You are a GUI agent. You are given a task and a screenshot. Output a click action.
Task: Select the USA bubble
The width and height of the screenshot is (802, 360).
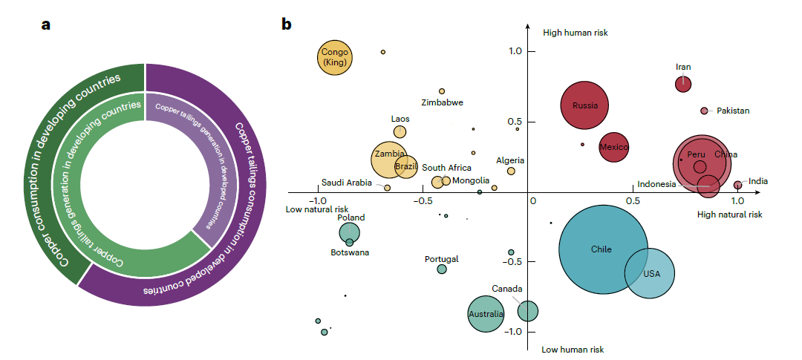click(x=650, y=273)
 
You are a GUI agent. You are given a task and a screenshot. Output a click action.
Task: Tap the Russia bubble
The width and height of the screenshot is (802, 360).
click(x=585, y=105)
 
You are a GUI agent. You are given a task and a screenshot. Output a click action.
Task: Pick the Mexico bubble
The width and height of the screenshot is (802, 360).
click(x=614, y=147)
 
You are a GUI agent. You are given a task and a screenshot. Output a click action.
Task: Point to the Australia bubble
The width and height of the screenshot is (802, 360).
click(x=486, y=313)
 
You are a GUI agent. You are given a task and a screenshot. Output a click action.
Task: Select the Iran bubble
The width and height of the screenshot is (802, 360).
click(x=683, y=84)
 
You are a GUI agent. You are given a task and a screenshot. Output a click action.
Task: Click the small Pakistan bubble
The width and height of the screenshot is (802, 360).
click(x=704, y=111)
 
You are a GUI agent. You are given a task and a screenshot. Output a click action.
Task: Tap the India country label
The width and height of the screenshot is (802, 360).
click(x=758, y=181)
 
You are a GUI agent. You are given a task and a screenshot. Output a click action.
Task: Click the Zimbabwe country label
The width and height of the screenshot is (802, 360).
click(x=442, y=102)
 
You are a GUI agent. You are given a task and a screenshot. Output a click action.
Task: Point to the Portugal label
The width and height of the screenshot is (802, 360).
click(x=442, y=259)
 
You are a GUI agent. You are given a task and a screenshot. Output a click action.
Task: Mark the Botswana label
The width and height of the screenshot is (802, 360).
click(x=350, y=252)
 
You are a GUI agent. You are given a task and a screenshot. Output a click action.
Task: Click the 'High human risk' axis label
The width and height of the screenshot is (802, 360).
click(x=576, y=33)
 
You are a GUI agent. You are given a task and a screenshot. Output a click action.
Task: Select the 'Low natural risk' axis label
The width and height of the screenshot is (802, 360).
click(x=316, y=209)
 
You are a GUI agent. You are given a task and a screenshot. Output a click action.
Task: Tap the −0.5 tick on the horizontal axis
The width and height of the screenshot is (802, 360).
click(x=423, y=201)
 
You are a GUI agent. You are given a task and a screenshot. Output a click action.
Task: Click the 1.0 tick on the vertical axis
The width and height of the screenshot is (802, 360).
click(x=515, y=51)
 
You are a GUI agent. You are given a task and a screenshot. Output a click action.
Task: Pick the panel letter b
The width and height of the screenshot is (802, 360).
click(x=287, y=24)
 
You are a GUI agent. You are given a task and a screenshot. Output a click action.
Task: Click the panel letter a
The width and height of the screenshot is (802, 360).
click(x=46, y=24)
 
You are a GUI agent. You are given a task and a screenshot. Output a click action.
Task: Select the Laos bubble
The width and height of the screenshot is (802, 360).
click(x=400, y=131)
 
